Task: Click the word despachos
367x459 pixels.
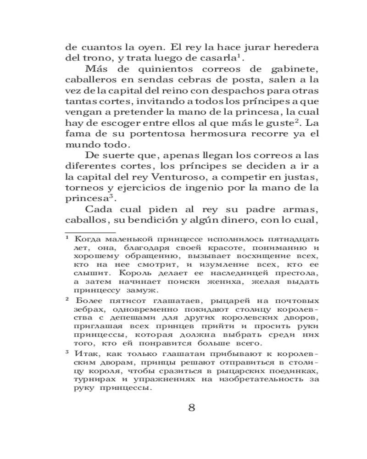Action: (234, 91)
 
